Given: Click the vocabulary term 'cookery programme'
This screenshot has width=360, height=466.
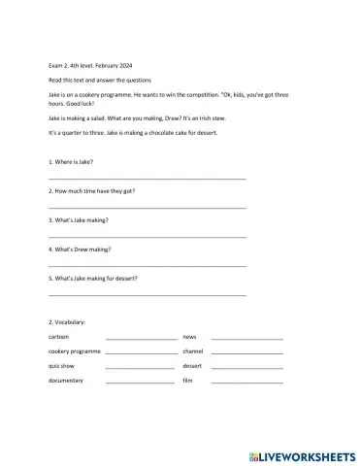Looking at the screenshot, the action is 75,350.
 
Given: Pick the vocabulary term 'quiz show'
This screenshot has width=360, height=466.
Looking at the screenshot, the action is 62,366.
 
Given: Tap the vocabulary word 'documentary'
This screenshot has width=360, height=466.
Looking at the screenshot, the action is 66,381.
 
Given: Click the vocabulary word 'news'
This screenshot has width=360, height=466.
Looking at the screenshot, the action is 189,336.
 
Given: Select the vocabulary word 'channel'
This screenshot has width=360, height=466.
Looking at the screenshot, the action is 192,350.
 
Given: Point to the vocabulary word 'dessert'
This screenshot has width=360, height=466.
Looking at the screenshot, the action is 192,366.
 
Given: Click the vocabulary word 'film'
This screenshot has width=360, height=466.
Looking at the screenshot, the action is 188,381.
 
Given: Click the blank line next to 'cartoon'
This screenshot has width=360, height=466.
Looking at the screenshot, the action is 142,338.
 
